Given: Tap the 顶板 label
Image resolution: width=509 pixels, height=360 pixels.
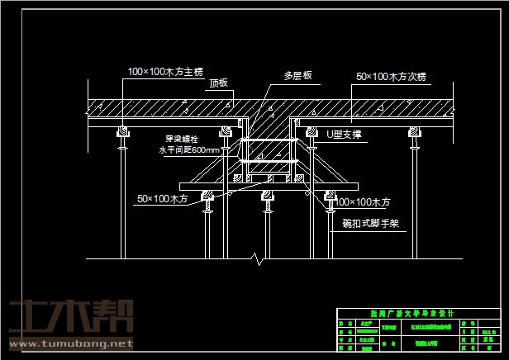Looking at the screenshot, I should (x=219, y=83).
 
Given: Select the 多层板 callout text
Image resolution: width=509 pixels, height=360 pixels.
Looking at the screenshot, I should (x=297, y=75).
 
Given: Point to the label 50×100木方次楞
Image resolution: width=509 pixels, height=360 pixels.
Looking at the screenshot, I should (x=391, y=76).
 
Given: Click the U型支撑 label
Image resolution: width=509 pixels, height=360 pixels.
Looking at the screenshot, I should (x=345, y=133).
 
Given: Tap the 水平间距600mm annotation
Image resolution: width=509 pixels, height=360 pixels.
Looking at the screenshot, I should (x=189, y=150).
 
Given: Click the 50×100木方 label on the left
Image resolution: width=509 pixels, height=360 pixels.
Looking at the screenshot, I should (x=162, y=198).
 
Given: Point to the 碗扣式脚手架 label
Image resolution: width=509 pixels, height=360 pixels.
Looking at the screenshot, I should (x=370, y=223).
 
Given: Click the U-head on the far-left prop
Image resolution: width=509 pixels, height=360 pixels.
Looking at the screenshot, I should (x=122, y=131).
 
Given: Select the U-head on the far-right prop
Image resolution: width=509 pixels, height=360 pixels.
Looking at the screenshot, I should (x=412, y=131).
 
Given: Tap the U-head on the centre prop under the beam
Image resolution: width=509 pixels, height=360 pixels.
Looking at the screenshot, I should (x=267, y=196).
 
